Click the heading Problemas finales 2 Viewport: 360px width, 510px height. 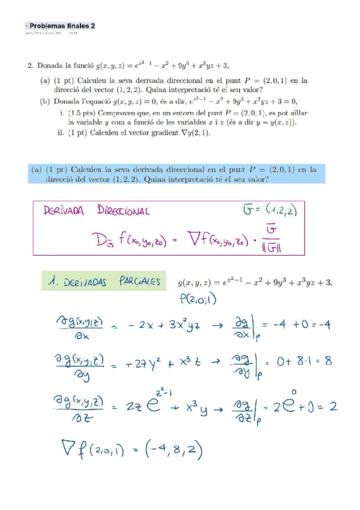pyautogui.click(x=62, y=26)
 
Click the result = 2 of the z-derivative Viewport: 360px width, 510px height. pyautogui.click(x=325, y=407)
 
